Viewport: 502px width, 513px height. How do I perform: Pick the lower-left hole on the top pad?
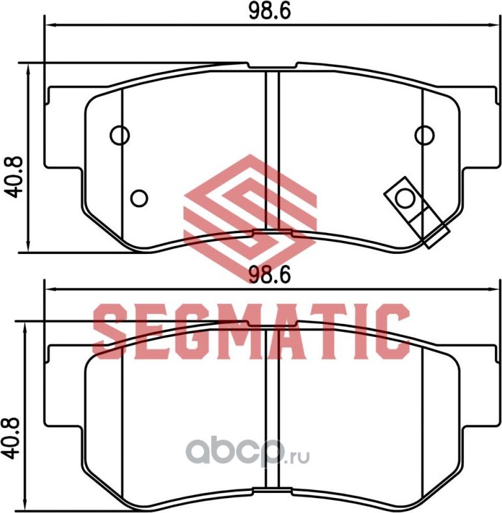139,197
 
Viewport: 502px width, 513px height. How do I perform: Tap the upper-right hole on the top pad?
424,134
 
